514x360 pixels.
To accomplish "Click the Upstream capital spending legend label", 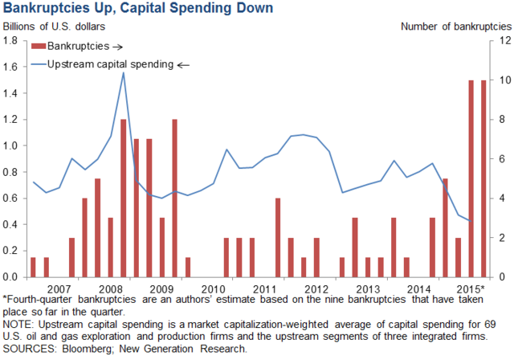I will click(110, 63).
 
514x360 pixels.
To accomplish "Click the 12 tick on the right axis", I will click(503, 41).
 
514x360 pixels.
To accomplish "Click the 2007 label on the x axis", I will click(59, 288).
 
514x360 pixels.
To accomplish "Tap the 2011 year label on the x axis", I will click(263, 288).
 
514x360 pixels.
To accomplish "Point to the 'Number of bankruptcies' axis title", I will click(455, 27).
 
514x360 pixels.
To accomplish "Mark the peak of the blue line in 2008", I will click(123, 73).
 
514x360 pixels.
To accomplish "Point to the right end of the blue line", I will click(471, 221).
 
